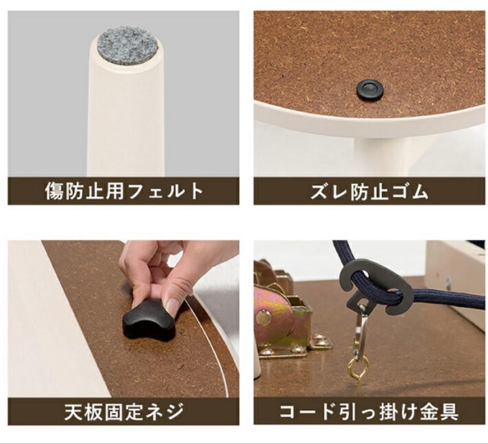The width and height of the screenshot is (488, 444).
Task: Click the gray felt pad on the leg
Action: [127, 45]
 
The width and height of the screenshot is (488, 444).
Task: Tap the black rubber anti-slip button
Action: [370, 90]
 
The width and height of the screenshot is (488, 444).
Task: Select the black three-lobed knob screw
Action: [148, 319]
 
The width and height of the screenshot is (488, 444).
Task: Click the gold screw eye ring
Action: [358, 370]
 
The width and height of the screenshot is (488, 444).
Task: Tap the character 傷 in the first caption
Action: [55, 192]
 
